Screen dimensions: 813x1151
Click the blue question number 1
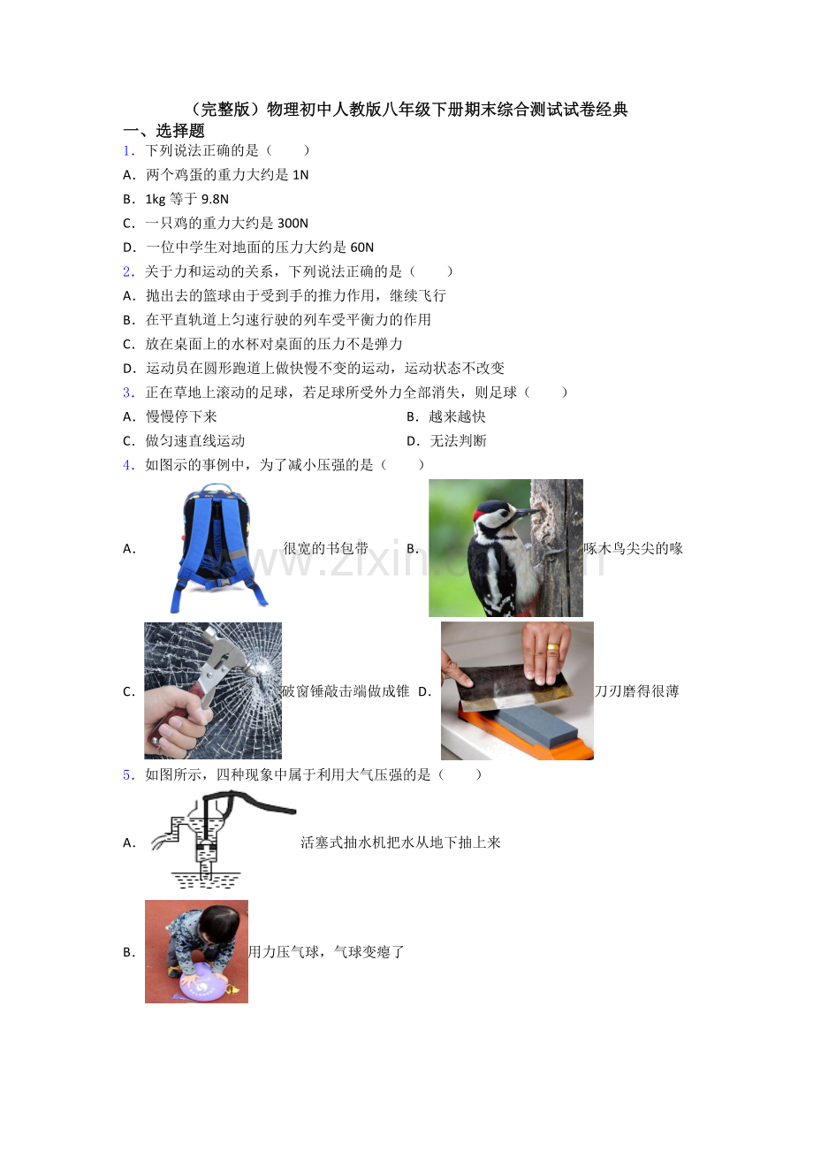click(x=128, y=151)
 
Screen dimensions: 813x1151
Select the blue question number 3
click(x=128, y=393)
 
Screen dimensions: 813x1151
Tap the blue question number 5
click(x=128, y=775)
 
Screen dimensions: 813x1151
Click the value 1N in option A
click(x=300, y=175)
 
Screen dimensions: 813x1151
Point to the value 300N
click(x=293, y=224)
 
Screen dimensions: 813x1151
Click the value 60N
click(x=361, y=248)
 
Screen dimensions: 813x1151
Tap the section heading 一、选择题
click(x=163, y=131)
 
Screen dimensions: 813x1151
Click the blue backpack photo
click(x=218, y=548)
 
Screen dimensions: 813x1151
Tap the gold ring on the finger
click(x=552, y=647)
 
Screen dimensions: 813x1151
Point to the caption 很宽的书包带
click(x=325, y=548)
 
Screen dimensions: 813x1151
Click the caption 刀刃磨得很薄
click(x=636, y=691)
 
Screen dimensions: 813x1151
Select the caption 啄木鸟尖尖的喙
click(x=634, y=548)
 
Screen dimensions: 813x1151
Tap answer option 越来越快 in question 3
click(x=457, y=416)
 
